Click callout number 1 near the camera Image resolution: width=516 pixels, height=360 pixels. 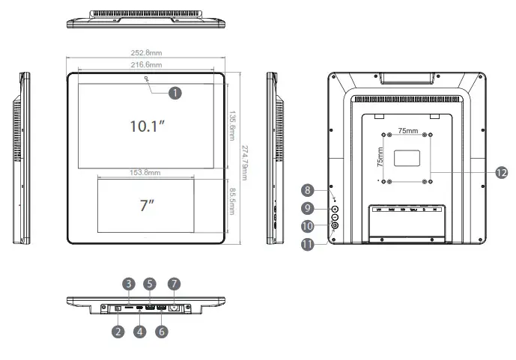(174, 93)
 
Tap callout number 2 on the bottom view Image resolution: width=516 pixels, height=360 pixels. (118, 332)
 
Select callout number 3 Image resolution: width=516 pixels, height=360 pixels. (130, 284)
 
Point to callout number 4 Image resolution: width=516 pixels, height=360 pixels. (139, 332)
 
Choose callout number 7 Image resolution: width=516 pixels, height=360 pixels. (174, 284)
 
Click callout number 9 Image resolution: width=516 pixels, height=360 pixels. (307, 208)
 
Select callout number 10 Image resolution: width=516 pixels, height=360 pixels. (307, 226)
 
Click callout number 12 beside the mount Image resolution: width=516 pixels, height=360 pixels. (501, 172)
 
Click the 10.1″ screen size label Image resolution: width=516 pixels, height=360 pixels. (147, 126)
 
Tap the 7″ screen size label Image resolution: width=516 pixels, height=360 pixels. (146, 206)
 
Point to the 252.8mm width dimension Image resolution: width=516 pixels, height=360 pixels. (147, 53)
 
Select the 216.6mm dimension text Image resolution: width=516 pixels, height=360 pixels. (147, 66)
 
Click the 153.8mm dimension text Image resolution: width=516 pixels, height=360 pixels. (145, 172)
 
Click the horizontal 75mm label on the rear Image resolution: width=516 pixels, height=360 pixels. (408, 129)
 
